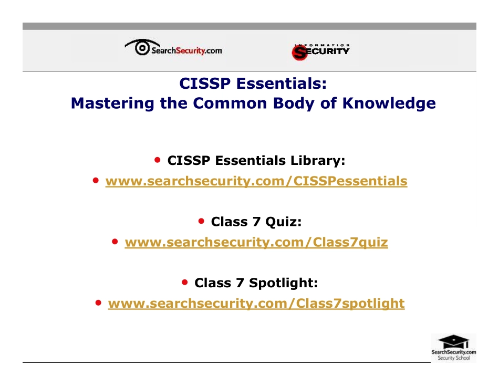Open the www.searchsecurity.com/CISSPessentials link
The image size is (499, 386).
pyautogui.click(x=256, y=181)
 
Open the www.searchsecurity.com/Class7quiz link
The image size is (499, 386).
pyautogui.click(x=256, y=243)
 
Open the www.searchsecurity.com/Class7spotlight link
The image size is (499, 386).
pyautogui.click(x=256, y=304)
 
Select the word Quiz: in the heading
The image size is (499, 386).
pyautogui.click(x=283, y=222)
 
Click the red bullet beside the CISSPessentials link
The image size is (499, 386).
pyautogui.click(x=96, y=180)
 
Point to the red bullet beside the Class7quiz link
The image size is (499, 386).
pyautogui.click(x=115, y=242)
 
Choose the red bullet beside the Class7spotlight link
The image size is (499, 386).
pyautogui.click(x=98, y=302)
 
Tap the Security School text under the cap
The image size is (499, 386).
pyautogui.click(x=454, y=358)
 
